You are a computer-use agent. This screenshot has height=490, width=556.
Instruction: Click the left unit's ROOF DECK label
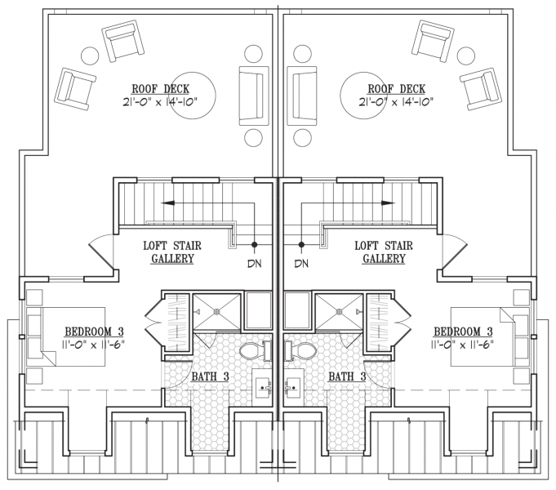[x=161, y=89]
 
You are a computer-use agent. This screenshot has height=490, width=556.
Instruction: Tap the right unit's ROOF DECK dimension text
[x=396, y=103]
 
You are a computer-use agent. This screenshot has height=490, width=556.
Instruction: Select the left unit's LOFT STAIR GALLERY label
[x=172, y=252]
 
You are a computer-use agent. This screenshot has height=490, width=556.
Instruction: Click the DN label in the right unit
[x=301, y=264]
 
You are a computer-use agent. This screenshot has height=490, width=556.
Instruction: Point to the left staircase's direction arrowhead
[x=167, y=203]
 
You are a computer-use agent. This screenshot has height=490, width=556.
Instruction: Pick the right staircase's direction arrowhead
[x=388, y=203]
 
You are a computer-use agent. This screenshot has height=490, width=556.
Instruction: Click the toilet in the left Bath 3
[x=256, y=350]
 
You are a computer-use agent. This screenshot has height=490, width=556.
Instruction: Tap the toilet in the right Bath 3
[x=300, y=350]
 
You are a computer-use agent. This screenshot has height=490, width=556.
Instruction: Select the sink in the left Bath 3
[x=262, y=387]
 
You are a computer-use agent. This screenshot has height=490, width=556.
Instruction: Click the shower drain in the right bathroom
[x=339, y=312]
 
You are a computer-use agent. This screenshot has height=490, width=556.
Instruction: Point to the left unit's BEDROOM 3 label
[x=94, y=332]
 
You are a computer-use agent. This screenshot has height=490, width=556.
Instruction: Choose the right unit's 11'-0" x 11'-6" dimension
[x=462, y=344]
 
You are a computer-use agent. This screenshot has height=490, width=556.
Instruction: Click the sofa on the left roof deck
[x=253, y=96]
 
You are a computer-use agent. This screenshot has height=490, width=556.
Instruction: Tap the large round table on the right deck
[x=362, y=95]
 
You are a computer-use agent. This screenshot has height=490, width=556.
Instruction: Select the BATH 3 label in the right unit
[x=347, y=376]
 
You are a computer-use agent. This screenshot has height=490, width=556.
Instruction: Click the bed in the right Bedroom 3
[x=490, y=336]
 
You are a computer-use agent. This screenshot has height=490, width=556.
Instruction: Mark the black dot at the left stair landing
[x=254, y=244]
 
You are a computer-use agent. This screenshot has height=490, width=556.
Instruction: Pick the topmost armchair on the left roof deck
[x=123, y=41]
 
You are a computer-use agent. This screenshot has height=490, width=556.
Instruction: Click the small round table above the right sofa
[x=302, y=54]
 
